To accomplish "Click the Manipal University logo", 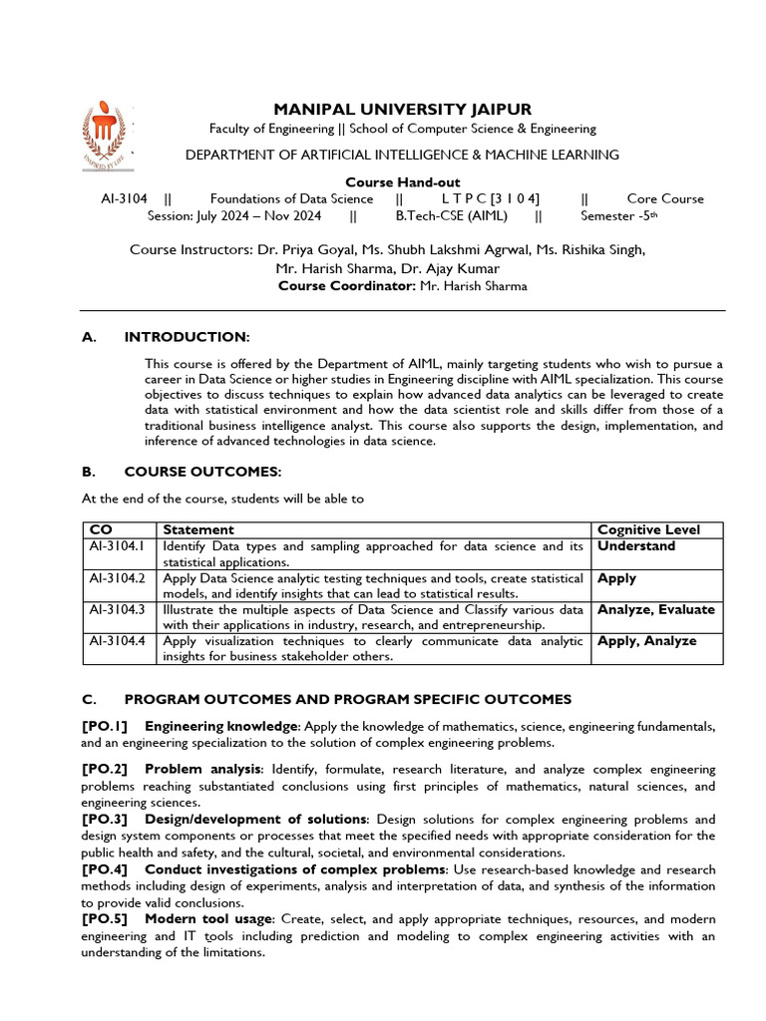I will tap(106, 137).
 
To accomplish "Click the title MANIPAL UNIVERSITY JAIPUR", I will tap(402, 109).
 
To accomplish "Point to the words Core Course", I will tap(665, 198).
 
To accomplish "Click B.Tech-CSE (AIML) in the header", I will tap(452, 215).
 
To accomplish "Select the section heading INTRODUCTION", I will tap(187, 337).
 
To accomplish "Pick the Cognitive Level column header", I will tap(648, 529).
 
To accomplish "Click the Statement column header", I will tap(198, 529).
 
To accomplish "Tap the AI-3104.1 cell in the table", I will tap(118, 546).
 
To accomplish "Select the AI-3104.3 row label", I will tap(118, 609).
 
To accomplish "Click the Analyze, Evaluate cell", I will tap(655, 609).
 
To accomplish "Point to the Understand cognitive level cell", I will tap(636, 546).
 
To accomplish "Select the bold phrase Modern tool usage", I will tap(206, 918).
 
